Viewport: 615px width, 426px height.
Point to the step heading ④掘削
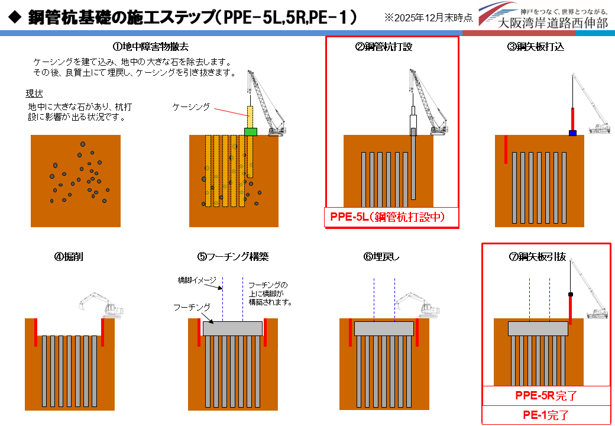(69, 257)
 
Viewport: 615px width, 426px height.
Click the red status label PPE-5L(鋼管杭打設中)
(392, 217)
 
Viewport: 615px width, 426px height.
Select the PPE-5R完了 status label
(546, 395)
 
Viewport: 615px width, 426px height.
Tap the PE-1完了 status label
(546, 415)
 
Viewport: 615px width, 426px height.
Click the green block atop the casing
(251, 131)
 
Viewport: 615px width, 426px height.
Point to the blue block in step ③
(572, 133)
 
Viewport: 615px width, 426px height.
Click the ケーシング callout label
(191, 107)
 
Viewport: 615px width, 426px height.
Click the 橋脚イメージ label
(198, 279)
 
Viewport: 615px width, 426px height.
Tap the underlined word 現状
(34, 93)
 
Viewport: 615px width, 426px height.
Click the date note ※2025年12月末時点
(428, 18)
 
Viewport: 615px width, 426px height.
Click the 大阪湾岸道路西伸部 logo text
(553, 23)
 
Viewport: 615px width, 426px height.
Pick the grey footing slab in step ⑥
(384, 329)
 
